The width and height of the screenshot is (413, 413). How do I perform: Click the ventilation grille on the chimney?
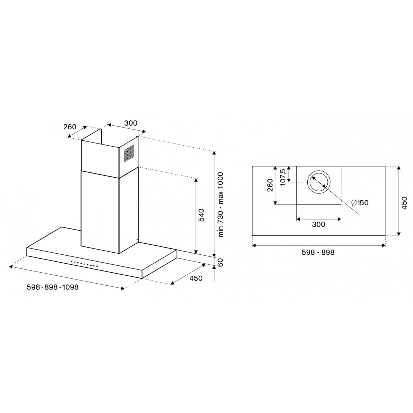[x=129, y=152]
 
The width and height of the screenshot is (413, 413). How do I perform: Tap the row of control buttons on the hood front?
[x=85, y=264]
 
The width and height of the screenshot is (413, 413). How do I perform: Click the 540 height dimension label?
[x=202, y=215]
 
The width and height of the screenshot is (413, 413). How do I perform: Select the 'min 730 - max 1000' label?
[x=220, y=204]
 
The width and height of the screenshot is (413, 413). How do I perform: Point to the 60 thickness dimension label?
[x=220, y=262]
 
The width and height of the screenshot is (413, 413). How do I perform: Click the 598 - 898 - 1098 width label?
[x=53, y=287]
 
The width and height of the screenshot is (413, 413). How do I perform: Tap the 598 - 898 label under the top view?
[x=318, y=252]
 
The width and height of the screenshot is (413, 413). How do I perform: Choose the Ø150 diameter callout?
[x=360, y=202]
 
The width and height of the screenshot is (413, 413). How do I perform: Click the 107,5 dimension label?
[x=283, y=177]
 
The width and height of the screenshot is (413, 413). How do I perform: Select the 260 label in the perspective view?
[x=70, y=127]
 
